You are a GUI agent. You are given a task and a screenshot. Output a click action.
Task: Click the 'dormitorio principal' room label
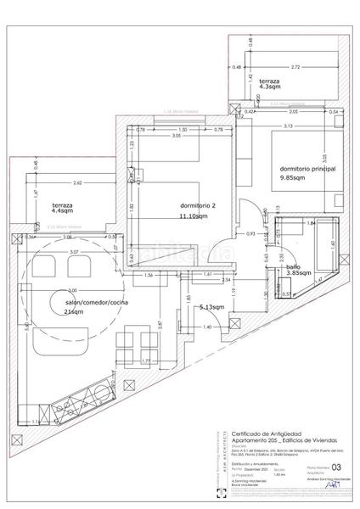tap(307, 169)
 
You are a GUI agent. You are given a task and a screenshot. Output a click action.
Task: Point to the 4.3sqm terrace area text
tap(272, 87)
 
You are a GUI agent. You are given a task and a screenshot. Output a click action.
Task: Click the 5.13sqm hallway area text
tap(211, 307)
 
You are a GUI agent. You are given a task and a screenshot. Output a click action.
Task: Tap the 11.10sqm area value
tap(194, 216)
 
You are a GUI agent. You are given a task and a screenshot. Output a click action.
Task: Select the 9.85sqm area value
tap(294, 179)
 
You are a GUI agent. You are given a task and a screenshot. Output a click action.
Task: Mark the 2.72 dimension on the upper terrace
tap(294, 66)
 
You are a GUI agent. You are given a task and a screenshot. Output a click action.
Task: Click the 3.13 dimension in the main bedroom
tap(288, 126)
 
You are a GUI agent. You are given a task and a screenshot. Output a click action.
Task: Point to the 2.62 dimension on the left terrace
tap(77, 182)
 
